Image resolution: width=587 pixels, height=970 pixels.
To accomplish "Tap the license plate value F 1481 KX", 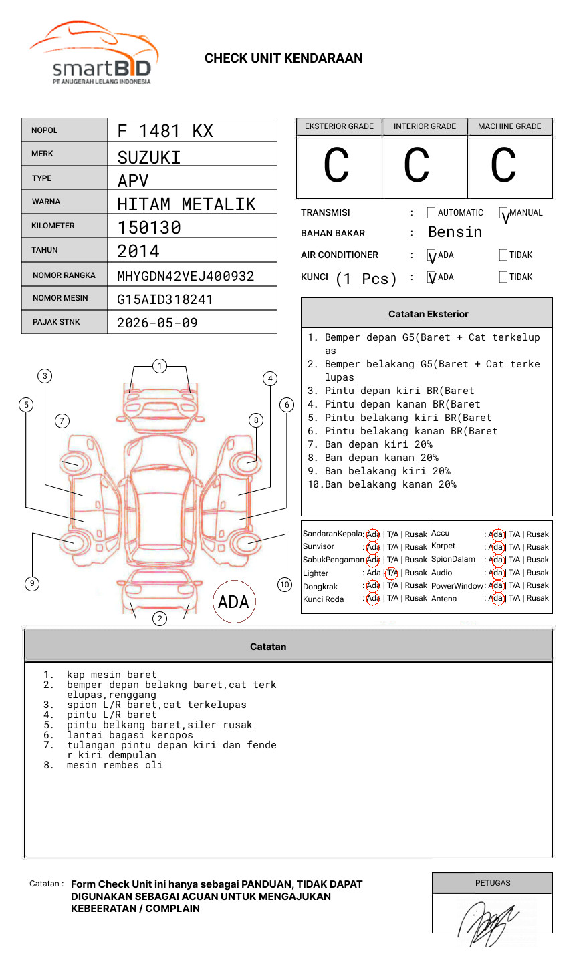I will [165, 131].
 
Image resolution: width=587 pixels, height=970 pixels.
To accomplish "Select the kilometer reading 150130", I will [149, 228].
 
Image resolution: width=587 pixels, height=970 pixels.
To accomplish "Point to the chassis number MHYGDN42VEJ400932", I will [185, 276].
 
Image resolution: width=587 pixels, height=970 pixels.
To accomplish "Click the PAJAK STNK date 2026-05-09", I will [157, 323].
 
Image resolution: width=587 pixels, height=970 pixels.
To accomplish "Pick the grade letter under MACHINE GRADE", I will [503, 166].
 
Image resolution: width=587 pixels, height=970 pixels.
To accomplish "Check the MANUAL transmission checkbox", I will [504, 213].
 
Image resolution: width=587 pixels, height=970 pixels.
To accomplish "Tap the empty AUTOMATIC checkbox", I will [431, 213].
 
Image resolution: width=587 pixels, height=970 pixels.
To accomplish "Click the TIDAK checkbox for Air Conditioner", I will [503, 255].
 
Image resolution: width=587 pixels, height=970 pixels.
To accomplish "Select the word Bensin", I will [455, 232].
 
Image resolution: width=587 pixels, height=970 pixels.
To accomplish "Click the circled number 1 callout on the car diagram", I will [159, 366].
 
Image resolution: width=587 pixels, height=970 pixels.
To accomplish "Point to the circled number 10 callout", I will [285, 585].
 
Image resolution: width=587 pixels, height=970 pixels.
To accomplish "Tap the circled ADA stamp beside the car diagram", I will [233, 602].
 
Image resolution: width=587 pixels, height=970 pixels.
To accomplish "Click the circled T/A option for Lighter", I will [392, 573].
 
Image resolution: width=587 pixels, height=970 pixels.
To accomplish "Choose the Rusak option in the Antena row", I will [538, 598].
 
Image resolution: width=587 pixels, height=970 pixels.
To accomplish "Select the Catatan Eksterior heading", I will [428, 314].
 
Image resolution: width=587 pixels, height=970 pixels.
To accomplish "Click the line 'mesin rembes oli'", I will [114, 765].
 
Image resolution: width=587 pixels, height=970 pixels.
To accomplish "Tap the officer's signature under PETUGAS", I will [488, 921].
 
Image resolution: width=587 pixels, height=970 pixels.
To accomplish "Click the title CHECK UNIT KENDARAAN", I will [283, 59].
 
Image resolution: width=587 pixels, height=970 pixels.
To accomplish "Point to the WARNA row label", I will [46, 202].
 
